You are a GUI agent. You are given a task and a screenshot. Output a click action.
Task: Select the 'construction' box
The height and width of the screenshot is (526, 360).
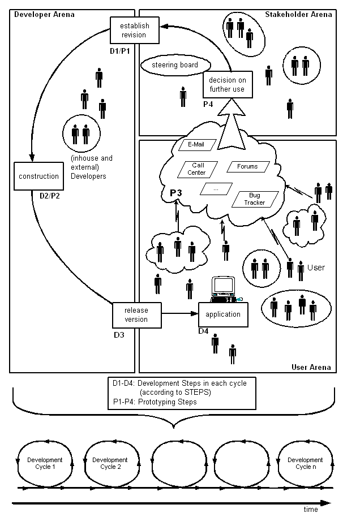(x=38, y=176)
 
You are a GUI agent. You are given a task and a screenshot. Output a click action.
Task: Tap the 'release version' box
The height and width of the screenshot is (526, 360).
(x=136, y=315)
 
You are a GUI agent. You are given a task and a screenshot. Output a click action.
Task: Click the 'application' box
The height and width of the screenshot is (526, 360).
(x=223, y=314)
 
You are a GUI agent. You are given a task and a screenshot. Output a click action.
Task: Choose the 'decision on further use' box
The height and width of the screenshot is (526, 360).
(x=227, y=84)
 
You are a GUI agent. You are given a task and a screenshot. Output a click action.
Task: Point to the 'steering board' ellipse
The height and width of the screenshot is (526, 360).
(x=174, y=65)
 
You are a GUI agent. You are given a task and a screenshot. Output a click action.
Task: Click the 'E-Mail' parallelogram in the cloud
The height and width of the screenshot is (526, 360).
(x=195, y=145)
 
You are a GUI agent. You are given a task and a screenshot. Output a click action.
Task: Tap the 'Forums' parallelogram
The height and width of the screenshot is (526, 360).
(x=247, y=166)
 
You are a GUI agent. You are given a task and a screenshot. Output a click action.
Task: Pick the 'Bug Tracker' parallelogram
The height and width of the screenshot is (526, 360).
(x=255, y=199)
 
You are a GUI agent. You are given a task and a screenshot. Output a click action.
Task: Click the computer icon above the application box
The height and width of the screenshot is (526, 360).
(x=223, y=288)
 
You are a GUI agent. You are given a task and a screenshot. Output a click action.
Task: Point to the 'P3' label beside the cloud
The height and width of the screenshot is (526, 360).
(x=176, y=193)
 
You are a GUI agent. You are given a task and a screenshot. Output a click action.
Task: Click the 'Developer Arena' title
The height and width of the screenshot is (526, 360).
(x=44, y=14)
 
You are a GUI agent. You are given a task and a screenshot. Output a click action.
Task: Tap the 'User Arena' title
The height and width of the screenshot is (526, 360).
(x=311, y=367)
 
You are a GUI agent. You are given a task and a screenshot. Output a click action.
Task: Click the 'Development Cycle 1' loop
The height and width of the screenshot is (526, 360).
(x=45, y=463)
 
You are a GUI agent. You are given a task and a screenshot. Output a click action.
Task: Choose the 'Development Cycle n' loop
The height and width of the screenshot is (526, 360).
(x=305, y=463)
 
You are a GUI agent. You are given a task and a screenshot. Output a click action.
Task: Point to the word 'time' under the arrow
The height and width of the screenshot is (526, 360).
(x=311, y=510)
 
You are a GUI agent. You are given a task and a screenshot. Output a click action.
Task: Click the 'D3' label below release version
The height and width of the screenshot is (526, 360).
(x=118, y=334)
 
